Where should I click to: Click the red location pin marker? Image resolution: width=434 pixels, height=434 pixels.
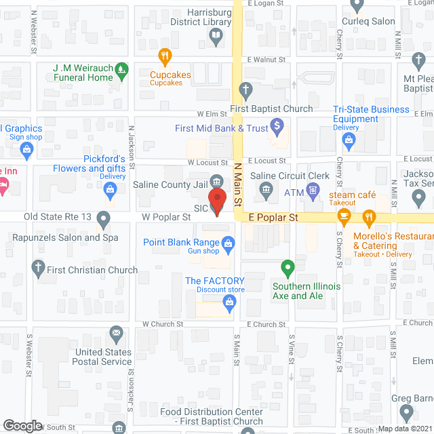tap(216, 201)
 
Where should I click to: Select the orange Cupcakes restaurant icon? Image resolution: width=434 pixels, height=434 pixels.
tap(163, 56)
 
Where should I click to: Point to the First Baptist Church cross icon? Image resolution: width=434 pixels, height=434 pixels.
tap(247, 90)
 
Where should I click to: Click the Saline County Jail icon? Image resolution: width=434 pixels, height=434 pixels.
tap(216, 180)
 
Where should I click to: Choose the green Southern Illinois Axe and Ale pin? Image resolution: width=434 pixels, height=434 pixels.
tap(288, 269)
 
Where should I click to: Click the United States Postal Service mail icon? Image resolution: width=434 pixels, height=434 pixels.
tap(116, 333)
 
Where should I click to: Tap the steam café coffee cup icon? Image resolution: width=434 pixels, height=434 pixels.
tap(344, 217)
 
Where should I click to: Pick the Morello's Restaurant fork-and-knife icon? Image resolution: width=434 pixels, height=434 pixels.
tap(369, 217)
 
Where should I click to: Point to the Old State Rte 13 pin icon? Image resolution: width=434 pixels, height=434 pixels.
tap(102, 220)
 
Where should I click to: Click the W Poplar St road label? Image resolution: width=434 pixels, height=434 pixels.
tap(166, 217)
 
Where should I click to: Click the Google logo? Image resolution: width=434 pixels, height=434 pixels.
tap(22, 425)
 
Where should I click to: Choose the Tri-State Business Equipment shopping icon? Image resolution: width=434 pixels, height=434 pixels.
tap(350, 142)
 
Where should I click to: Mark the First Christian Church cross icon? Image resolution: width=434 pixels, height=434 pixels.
tap(40, 269)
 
